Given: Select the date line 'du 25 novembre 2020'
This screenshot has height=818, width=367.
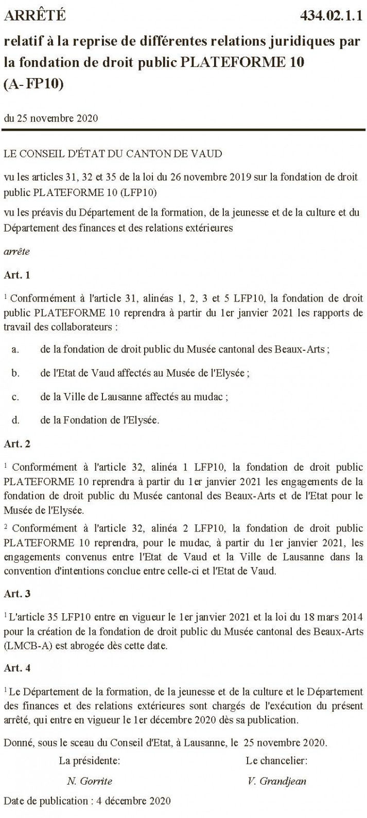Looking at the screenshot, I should point(50,118).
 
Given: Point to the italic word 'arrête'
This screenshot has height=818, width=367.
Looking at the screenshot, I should point(16,252).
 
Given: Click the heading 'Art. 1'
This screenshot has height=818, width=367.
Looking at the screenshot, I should point(17,275).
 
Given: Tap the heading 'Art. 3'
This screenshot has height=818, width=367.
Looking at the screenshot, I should point(17,593).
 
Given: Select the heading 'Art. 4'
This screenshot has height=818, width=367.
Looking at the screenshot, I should point(17,668).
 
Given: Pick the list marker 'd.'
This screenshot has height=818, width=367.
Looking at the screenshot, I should point(15,420).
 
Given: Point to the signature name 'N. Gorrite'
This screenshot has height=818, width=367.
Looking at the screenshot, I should point(89,781).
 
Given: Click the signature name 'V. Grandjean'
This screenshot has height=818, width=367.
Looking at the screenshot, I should point(276,781).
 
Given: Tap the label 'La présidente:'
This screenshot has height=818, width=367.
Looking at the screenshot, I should point(90,760).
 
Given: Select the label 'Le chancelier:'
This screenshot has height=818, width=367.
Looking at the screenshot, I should point(277,760).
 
